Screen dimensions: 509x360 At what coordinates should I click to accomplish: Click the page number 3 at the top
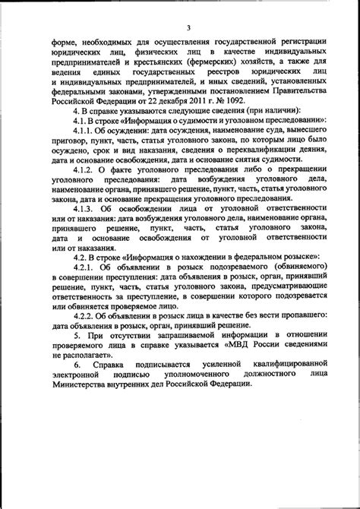(188, 9)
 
